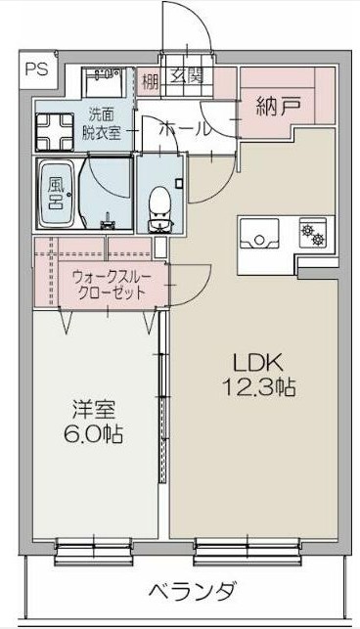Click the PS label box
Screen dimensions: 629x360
[36, 68]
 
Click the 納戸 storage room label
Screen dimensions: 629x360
[277, 105]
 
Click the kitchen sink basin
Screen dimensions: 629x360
[261, 234]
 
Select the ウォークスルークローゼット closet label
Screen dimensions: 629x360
[111, 285]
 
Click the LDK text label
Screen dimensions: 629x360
[256, 358]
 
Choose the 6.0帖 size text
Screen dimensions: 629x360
[94, 434]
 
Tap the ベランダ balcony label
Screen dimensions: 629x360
[192, 592]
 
